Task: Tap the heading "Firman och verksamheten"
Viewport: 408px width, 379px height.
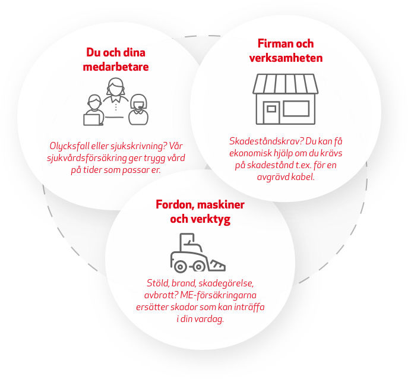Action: tap(286, 51)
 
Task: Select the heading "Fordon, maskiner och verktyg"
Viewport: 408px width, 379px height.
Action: tap(200, 212)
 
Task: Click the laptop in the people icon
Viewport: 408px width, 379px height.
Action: tap(93, 119)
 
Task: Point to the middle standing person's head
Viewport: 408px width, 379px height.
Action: tap(114, 88)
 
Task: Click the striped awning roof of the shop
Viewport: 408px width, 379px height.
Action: tap(285, 84)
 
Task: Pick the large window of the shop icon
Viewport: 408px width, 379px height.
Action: tap(296, 108)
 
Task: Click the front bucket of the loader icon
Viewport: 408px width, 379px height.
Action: tap(216, 262)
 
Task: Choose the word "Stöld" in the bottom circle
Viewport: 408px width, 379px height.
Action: tap(157, 283)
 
